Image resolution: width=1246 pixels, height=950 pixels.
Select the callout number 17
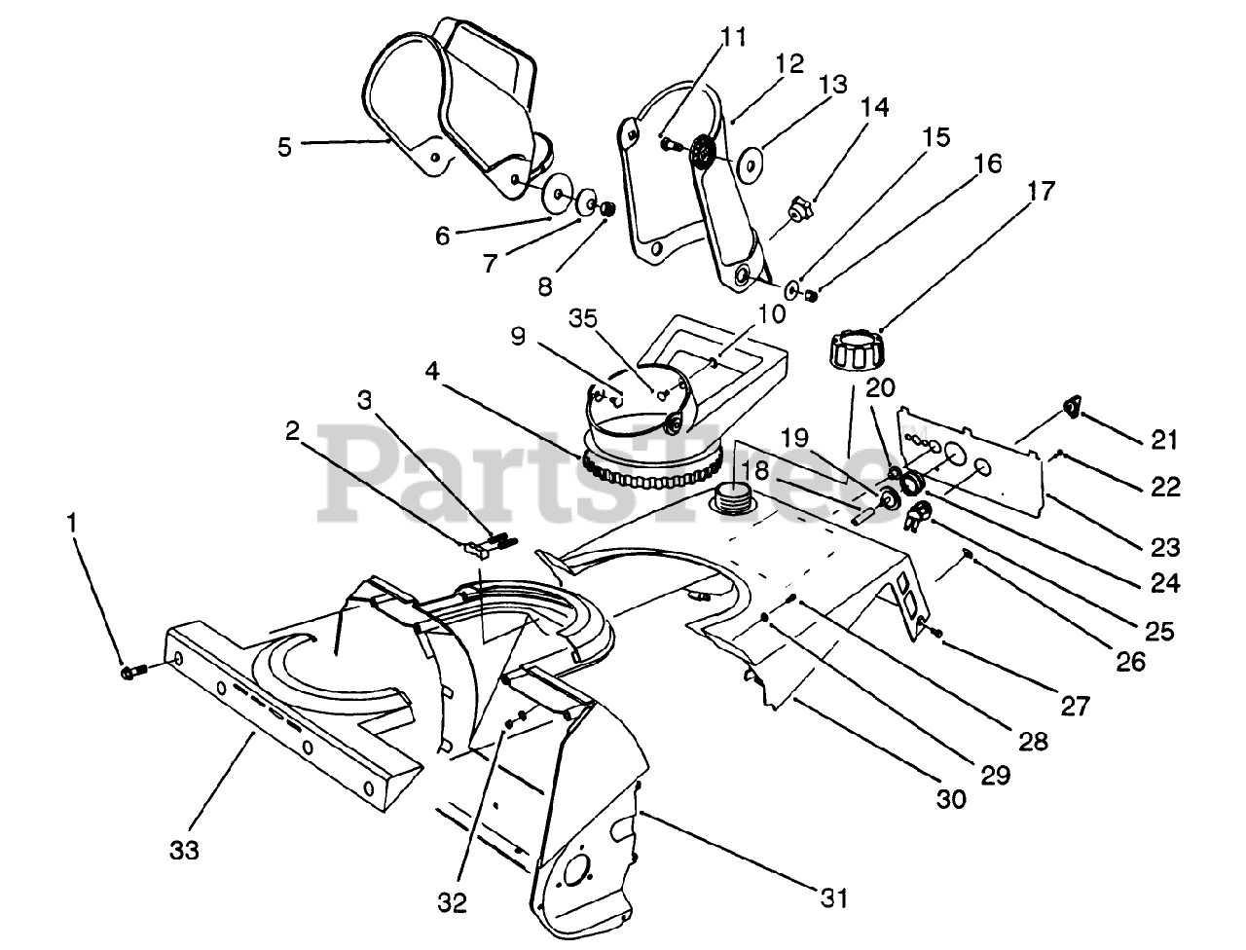1041,191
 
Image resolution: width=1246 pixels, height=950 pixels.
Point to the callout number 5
284,147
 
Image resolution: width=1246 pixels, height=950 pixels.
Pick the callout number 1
70,523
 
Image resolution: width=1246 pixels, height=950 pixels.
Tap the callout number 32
453,902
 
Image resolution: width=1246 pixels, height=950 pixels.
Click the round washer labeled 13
751,164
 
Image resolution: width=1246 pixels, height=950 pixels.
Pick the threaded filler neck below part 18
731,499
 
